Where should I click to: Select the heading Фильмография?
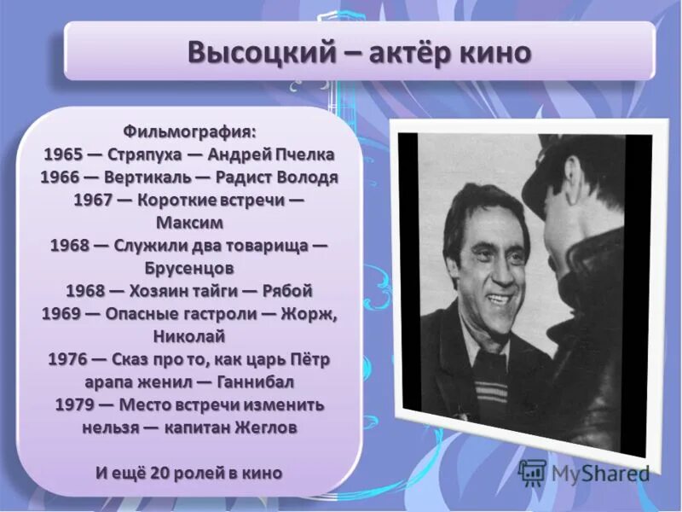(x=189, y=131)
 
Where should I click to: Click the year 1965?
(x=62, y=154)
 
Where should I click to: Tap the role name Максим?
(x=189, y=223)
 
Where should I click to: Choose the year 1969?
(x=62, y=313)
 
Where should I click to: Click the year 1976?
(x=69, y=358)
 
